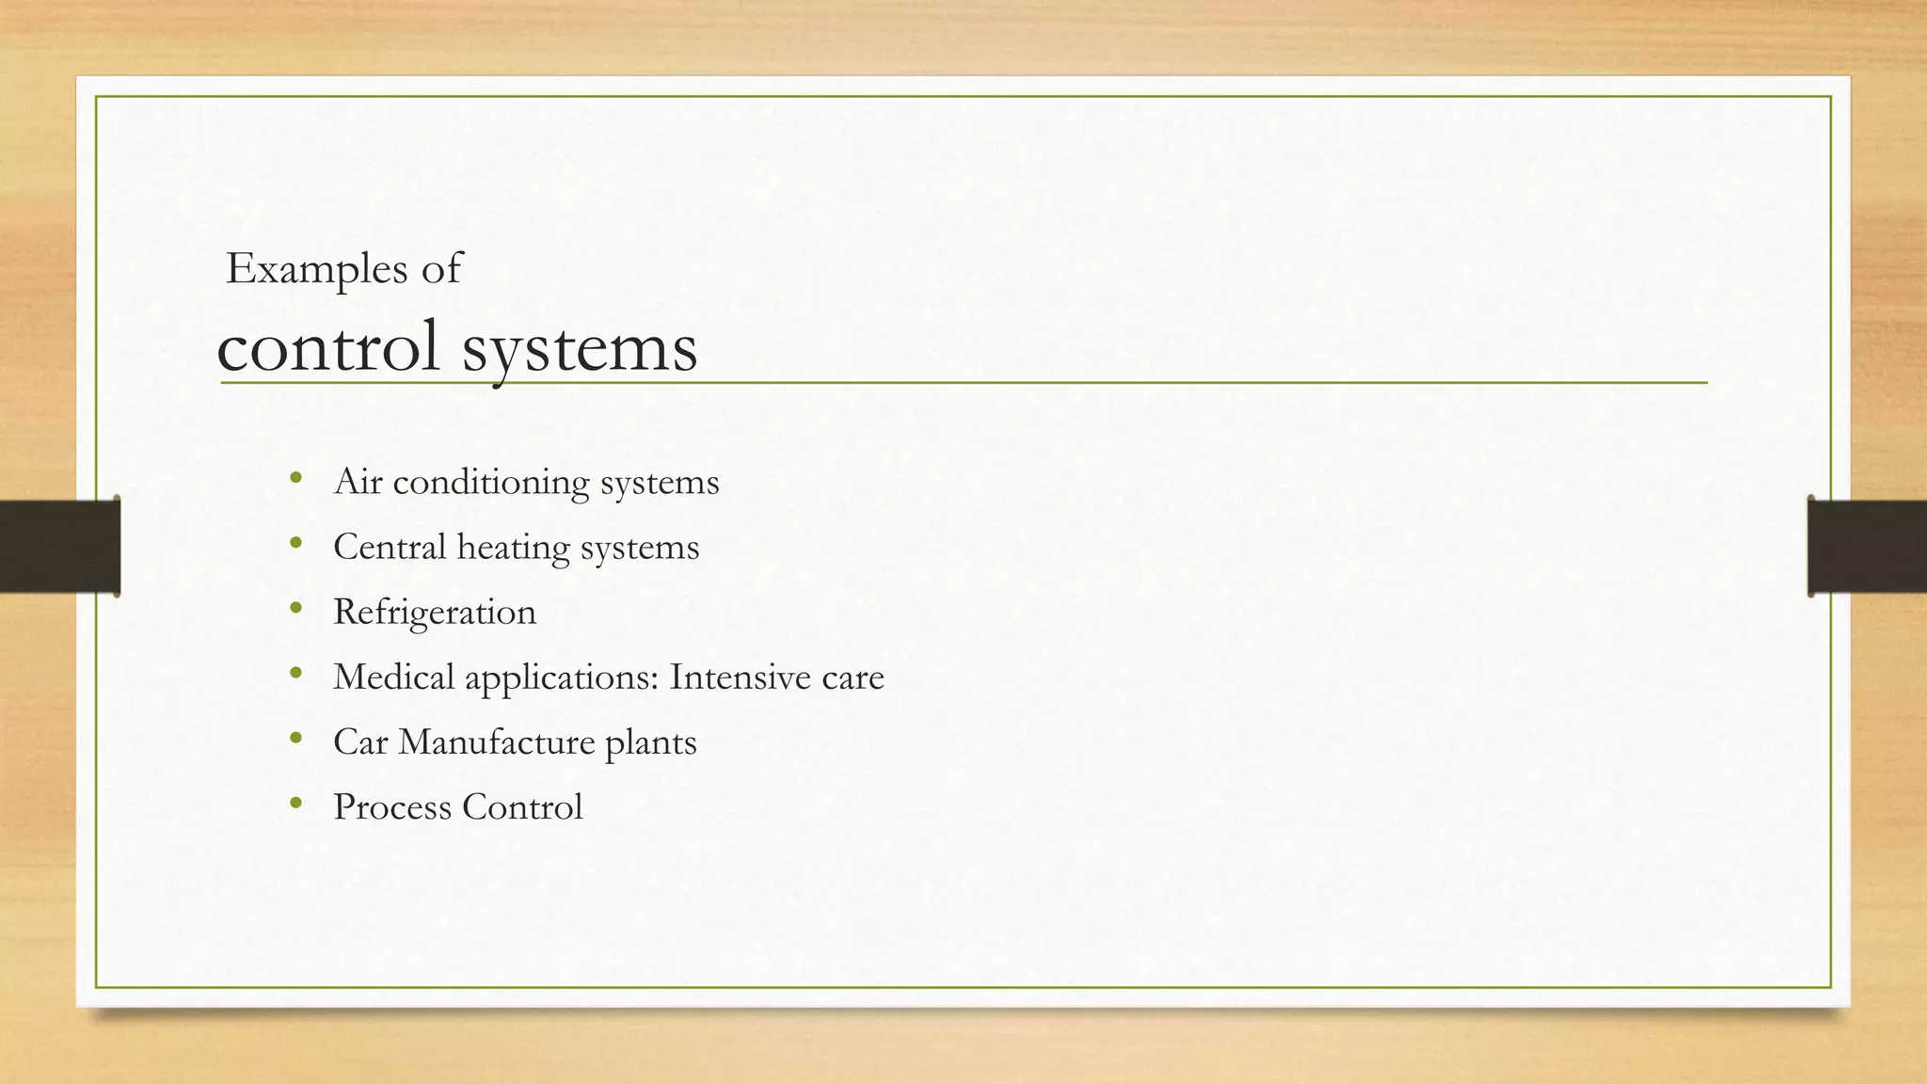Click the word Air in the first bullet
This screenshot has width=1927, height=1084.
358,482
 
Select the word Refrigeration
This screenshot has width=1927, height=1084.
435,613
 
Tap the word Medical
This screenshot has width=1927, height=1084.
393,677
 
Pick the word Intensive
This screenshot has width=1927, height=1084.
740,677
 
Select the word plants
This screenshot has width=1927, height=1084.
650,742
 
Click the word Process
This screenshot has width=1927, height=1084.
392,806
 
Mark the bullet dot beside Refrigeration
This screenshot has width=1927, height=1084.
296,609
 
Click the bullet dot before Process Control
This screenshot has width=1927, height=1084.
296,804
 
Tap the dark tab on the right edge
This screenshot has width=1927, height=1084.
1867,546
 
